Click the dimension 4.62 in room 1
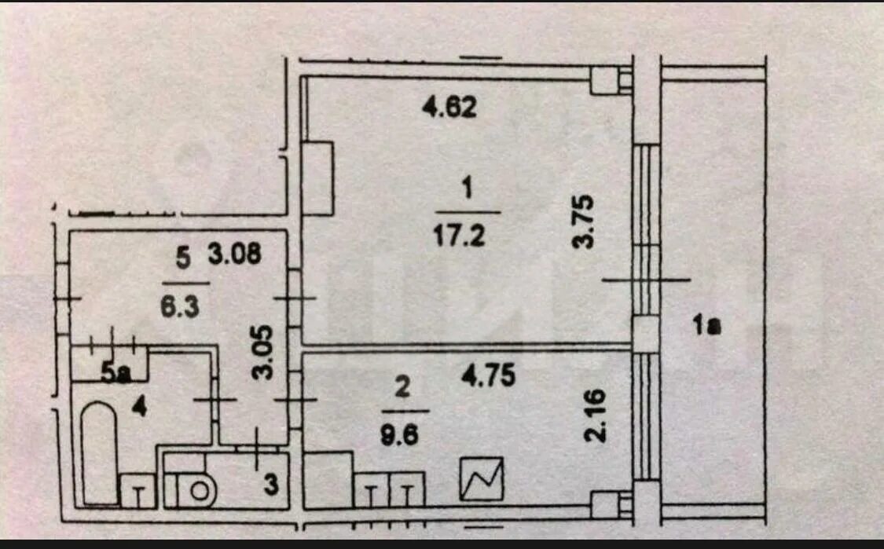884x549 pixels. pyautogui.click(x=449, y=107)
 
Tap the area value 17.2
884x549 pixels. pyautogui.click(x=459, y=235)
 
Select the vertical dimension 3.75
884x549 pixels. pyautogui.click(x=583, y=221)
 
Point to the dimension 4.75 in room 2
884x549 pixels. pyautogui.click(x=488, y=375)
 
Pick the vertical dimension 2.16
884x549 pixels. pyautogui.click(x=596, y=415)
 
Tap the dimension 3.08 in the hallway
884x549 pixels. pyautogui.click(x=234, y=254)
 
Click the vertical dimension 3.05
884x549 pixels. pyautogui.click(x=262, y=353)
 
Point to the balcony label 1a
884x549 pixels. pyautogui.click(x=707, y=325)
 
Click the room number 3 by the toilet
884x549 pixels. pyautogui.click(x=271, y=484)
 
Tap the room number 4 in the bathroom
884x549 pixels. pyautogui.click(x=138, y=406)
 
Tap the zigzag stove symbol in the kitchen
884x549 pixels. pyautogui.click(x=482, y=478)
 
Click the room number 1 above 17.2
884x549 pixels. pyautogui.click(x=466, y=189)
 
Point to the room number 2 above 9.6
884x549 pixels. pyautogui.click(x=402, y=387)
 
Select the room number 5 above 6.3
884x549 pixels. pyautogui.click(x=183, y=258)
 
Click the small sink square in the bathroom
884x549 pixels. pyautogui.click(x=138, y=490)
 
